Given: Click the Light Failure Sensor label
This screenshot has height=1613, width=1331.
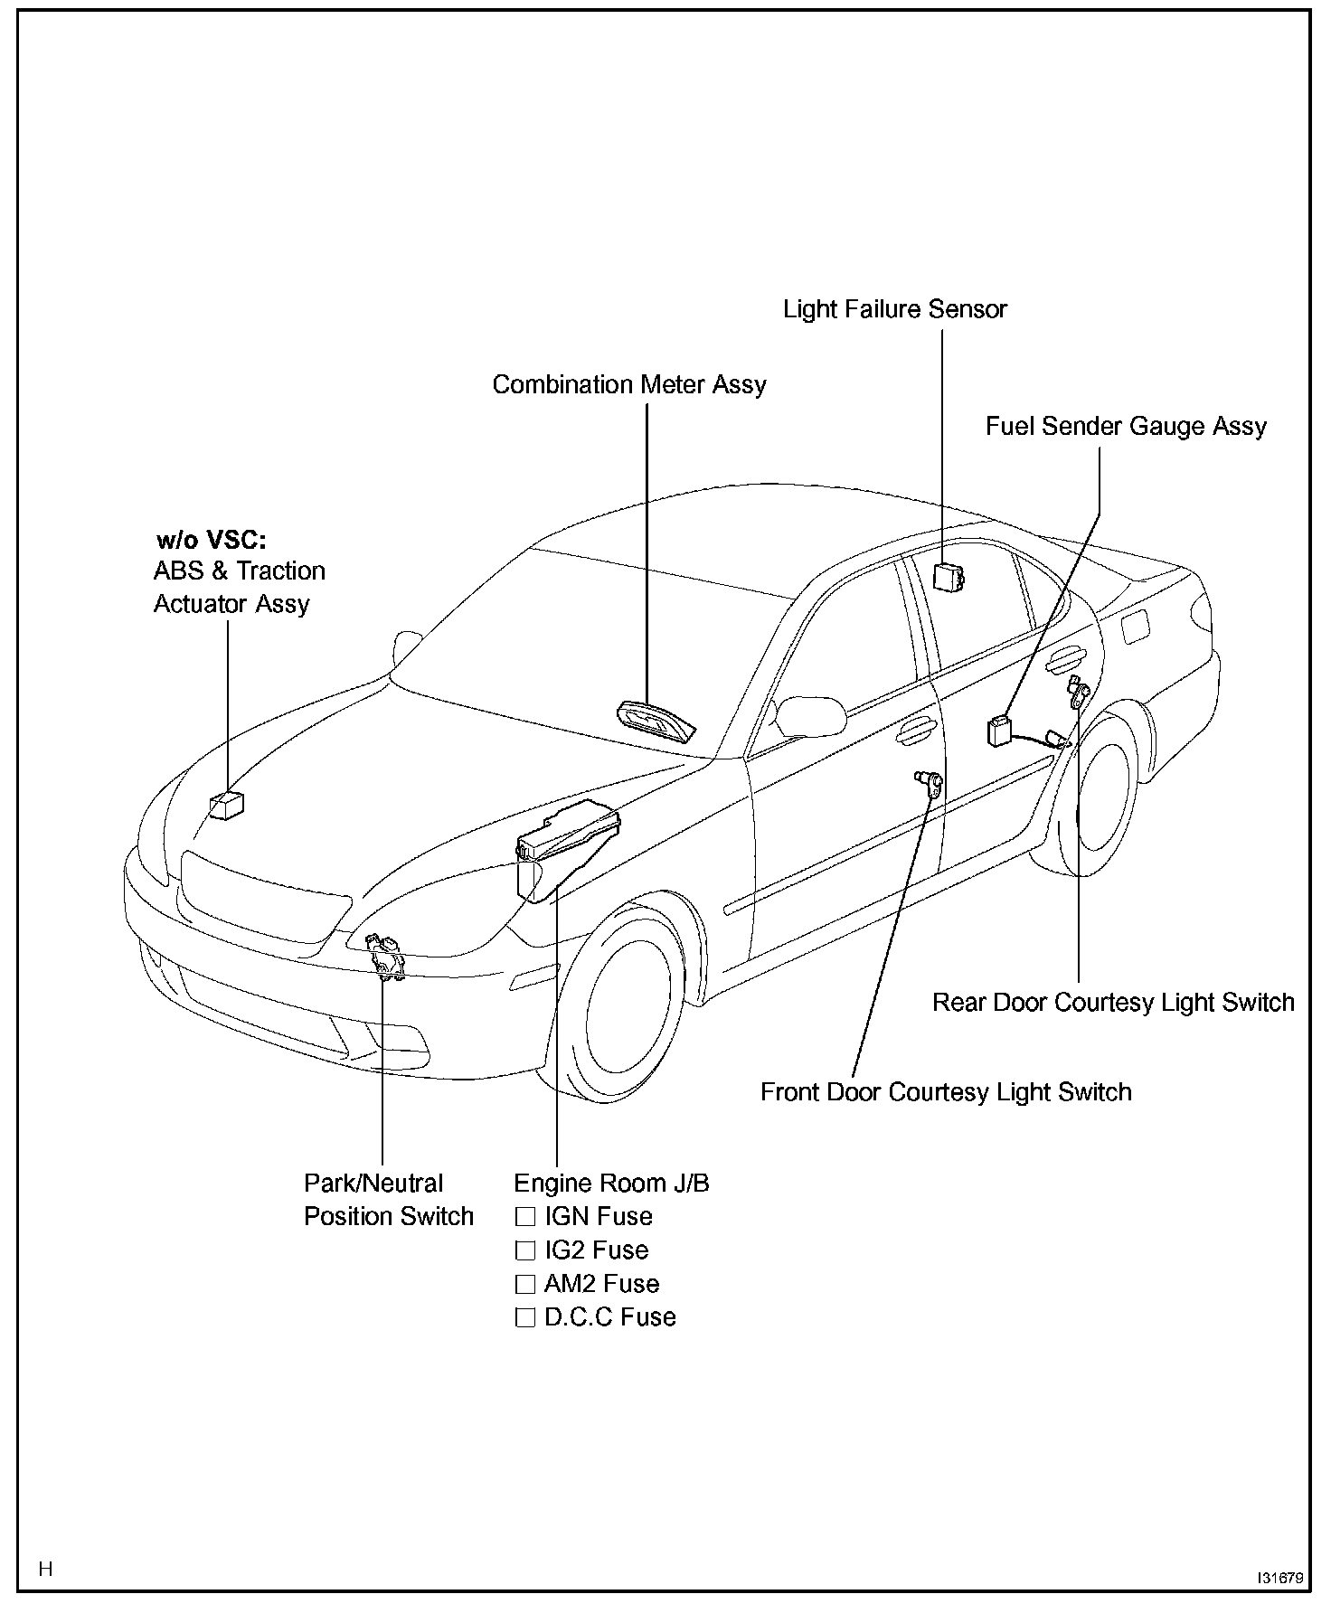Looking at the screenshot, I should (x=894, y=309).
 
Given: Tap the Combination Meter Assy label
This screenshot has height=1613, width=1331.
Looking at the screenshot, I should (x=628, y=384).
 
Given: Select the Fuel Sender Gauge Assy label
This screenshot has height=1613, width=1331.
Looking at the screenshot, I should (x=1126, y=426).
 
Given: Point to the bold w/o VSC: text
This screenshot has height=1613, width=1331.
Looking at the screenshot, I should (x=212, y=541).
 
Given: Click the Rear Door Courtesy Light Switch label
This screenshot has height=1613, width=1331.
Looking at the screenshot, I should (x=1113, y=1002).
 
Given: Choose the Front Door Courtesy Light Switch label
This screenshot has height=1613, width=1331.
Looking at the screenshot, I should (x=946, y=1091).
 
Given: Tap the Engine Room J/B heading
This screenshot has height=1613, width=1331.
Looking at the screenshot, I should (x=611, y=1183).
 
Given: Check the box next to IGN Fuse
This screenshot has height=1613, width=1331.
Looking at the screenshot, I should (x=525, y=1216).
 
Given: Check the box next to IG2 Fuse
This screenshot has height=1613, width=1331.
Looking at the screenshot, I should (x=525, y=1250).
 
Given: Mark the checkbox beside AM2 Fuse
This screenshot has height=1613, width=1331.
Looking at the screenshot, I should (x=525, y=1284).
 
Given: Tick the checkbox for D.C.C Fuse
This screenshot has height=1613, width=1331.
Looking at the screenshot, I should (x=525, y=1317).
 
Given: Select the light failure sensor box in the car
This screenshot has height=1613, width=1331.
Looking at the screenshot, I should (x=948, y=576).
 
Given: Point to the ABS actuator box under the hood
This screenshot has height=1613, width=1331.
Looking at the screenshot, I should (x=227, y=805).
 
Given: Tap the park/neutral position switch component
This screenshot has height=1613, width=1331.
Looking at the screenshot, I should (x=386, y=957).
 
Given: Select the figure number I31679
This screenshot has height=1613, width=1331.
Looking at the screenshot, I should (x=1279, y=1578).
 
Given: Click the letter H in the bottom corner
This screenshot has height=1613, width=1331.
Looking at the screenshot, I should (x=46, y=1568).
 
